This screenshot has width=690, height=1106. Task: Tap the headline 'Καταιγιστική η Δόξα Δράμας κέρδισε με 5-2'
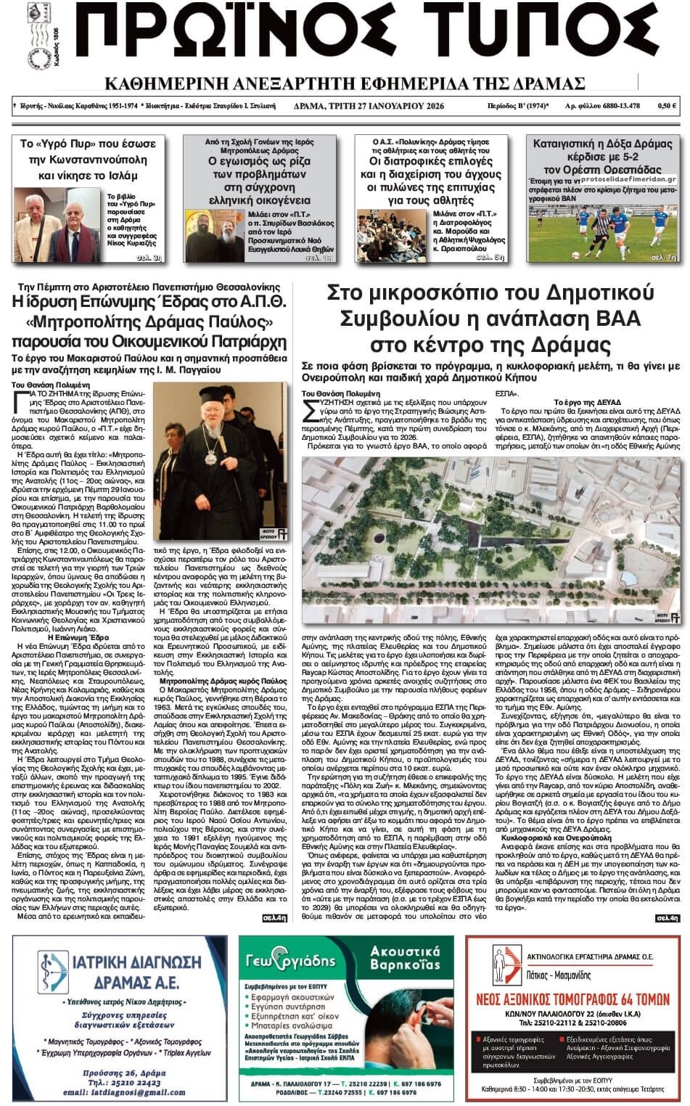[x=602, y=151]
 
